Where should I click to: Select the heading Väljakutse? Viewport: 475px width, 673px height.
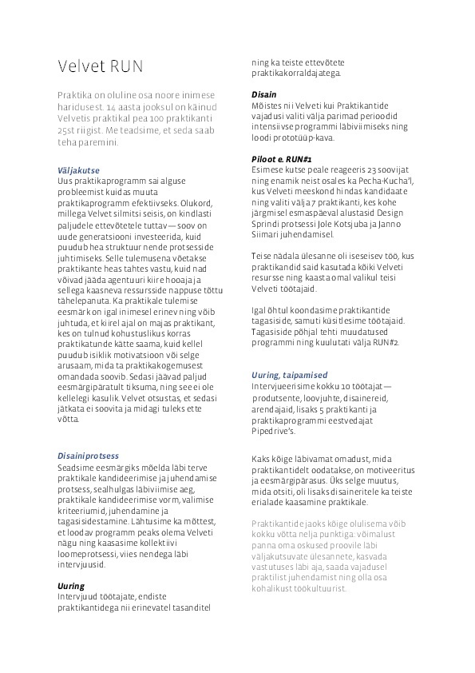(78, 170)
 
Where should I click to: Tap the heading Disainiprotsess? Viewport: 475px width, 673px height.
(89, 456)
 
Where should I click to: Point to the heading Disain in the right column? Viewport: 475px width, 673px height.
(265, 94)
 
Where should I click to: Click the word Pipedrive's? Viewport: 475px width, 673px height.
(273, 430)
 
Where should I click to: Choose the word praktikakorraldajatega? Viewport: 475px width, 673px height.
(295, 73)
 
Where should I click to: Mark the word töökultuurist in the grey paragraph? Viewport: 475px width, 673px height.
(315, 588)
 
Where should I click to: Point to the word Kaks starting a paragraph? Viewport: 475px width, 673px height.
(261, 459)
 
